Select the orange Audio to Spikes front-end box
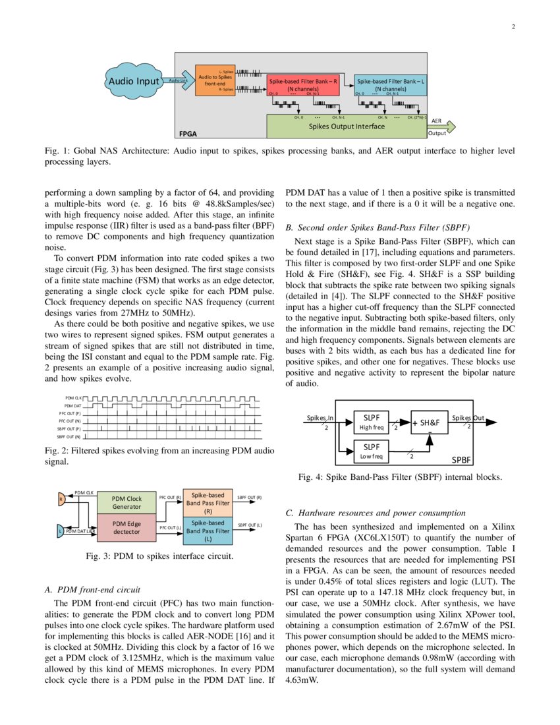pyautogui.click(x=215, y=80)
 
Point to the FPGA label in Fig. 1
pyautogui.click(x=188, y=133)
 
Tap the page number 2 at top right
pyautogui.click(x=513, y=27)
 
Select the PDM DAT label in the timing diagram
pyautogui.click(x=72, y=405)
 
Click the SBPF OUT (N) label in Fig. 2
pyautogui.click(x=69, y=436)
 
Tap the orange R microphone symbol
pyautogui.click(x=61, y=498)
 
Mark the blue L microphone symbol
pyautogui.click(x=59, y=531)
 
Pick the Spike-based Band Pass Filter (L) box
pyautogui.click(x=208, y=531)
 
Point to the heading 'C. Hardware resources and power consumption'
pyautogui.click(x=376, y=513)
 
